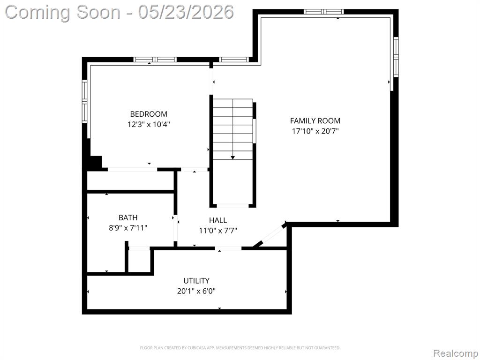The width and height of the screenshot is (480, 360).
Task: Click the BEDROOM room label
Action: point(149,114)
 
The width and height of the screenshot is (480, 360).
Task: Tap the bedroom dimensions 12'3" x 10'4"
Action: point(149,125)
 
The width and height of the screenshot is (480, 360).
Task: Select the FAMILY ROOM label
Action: point(315,120)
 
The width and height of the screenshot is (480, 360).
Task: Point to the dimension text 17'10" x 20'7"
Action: point(315,131)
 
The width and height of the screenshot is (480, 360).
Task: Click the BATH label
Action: point(128,217)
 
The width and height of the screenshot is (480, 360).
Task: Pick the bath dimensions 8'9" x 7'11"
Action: point(128,228)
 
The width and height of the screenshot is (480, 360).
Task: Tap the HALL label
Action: point(218,220)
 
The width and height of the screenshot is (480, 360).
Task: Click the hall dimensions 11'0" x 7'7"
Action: point(218,231)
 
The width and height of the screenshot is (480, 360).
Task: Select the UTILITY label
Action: point(196,281)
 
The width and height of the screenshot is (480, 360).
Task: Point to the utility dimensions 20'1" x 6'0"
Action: point(196,291)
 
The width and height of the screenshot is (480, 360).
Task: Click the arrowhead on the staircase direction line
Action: point(232,157)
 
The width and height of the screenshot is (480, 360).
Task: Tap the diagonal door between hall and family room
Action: point(270,234)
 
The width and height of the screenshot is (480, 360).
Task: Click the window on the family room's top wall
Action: point(323,12)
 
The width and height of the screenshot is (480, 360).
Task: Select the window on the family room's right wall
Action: point(396,57)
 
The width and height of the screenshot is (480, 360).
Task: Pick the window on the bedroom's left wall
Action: point(84,101)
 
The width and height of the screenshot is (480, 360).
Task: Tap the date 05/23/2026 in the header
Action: point(186,12)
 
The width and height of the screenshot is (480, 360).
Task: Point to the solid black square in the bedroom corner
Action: point(95,162)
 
